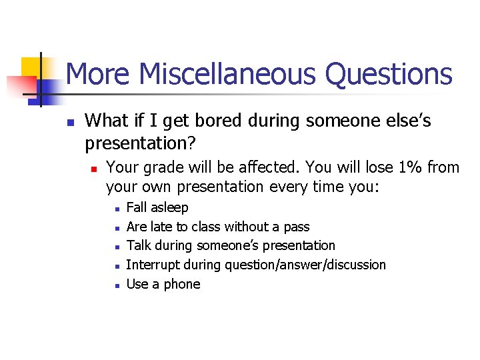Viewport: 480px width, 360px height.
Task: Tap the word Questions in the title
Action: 389,74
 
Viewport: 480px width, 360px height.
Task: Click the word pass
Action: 296,227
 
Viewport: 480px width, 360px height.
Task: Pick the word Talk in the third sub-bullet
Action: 139,245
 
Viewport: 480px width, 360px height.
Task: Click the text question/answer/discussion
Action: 305,265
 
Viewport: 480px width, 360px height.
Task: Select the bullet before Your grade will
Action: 95,168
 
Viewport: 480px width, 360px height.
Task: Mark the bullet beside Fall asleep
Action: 116,209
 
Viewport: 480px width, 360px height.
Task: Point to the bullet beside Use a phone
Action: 116,285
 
